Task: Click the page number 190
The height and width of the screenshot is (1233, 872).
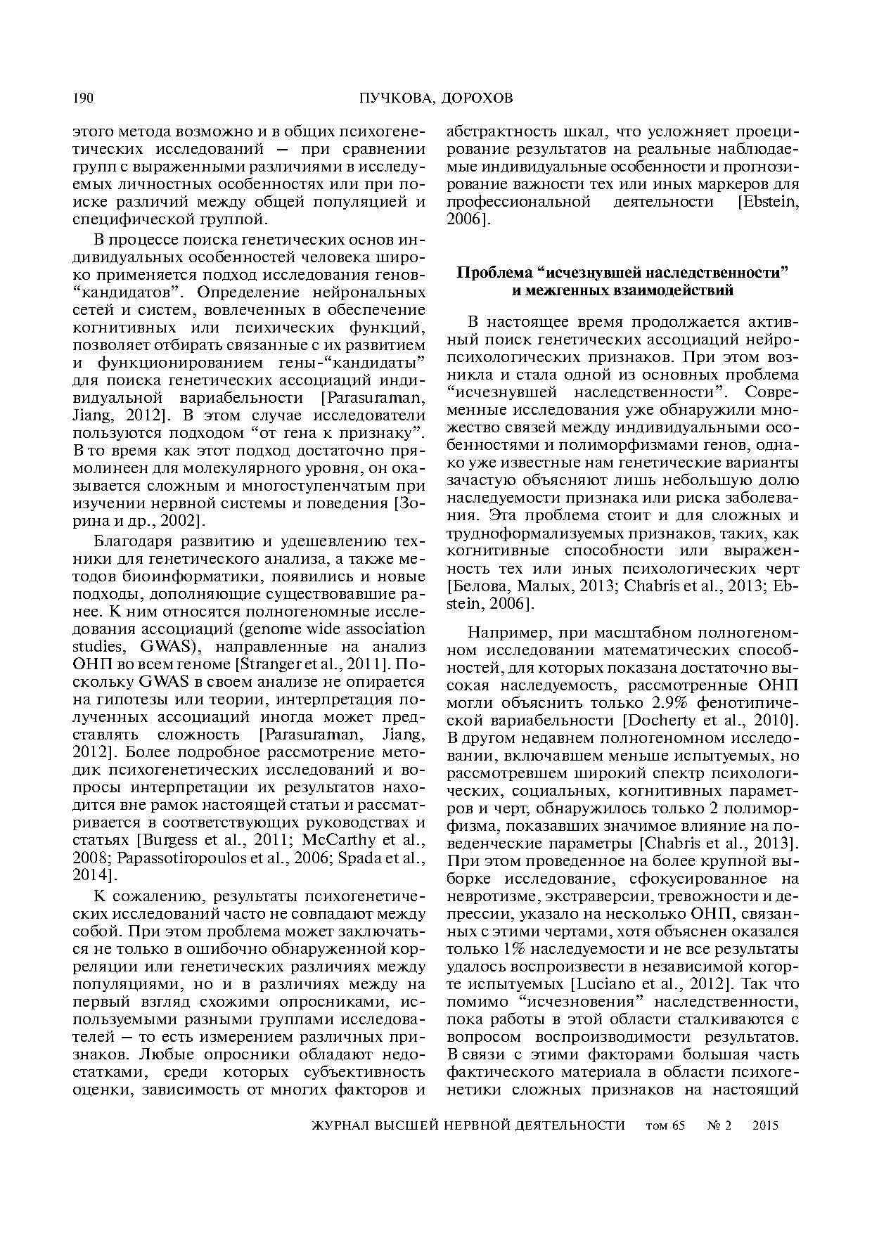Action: coord(84,98)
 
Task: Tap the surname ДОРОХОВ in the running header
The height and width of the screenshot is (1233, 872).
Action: coord(478,98)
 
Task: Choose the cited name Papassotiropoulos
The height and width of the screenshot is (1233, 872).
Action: coord(173,858)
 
